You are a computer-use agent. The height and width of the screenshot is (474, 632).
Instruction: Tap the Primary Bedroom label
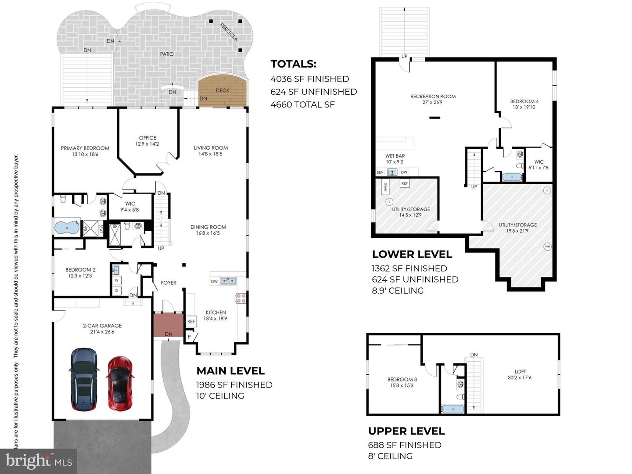85,151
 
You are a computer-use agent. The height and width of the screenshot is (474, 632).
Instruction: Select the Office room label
147,140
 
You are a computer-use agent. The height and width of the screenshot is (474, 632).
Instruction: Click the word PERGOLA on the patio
229,32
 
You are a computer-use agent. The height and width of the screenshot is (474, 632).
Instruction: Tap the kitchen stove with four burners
241,298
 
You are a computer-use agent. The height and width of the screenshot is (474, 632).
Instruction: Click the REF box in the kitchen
191,322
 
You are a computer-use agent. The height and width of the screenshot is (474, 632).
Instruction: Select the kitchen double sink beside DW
228,281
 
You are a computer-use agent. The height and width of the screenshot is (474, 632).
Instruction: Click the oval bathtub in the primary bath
67,228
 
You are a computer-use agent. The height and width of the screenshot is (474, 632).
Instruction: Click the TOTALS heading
293,64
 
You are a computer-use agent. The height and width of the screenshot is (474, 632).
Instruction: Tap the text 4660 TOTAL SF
302,104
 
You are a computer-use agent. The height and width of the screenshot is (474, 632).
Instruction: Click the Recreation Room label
433,99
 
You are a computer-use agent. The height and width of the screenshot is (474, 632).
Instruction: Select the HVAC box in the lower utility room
385,187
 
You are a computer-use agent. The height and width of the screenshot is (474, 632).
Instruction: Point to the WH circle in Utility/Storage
547,246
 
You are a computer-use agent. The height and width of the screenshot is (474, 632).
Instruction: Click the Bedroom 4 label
524,104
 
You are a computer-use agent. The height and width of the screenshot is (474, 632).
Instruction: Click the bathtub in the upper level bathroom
452,409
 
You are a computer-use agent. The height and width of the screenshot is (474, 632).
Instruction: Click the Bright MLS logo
39,461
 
